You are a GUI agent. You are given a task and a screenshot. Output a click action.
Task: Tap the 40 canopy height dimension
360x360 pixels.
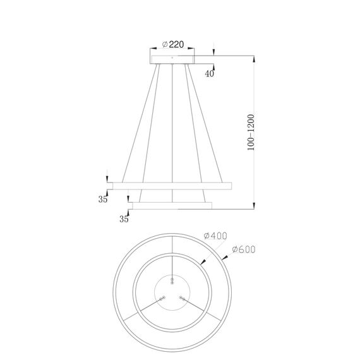coord(209,73)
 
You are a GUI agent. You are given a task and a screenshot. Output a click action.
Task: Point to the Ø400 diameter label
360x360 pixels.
coord(215,236)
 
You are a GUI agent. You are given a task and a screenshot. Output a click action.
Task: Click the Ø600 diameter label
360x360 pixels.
coord(244,249)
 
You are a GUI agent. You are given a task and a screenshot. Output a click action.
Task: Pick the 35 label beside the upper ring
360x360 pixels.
coord(102,200)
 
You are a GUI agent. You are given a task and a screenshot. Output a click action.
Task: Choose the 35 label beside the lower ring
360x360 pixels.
coord(123,219)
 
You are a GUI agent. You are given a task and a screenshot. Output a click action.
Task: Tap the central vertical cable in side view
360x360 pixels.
coord(172,126)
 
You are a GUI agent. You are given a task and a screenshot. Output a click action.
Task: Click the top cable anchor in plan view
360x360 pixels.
coord(172,278)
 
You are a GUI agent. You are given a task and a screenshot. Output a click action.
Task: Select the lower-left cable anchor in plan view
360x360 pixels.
coord(162,297)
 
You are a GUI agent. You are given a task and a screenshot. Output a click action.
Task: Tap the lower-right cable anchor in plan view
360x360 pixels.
coord(183,297)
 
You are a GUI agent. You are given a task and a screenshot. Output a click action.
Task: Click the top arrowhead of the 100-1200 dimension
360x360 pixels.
coord(254,57)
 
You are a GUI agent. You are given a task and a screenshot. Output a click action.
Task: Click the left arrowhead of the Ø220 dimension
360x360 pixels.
coord(152,51)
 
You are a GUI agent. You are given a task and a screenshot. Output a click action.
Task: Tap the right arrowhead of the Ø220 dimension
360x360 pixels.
coord(193,51)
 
